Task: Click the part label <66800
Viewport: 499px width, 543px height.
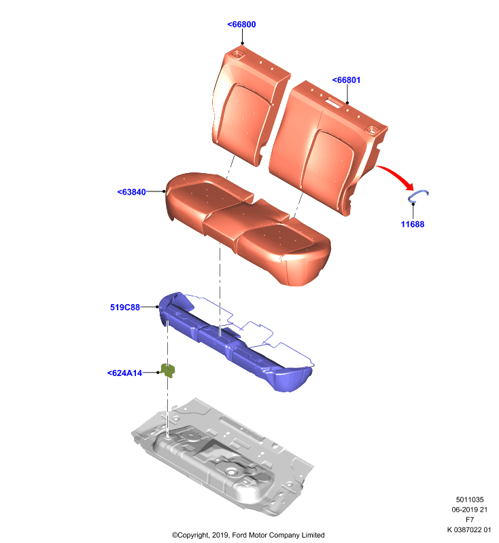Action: click(x=241, y=24)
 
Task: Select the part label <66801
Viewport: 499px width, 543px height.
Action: click(x=346, y=80)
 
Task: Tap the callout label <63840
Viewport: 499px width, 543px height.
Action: click(x=131, y=192)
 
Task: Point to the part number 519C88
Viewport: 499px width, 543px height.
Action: click(x=125, y=307)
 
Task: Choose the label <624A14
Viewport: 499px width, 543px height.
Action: click(x=124, y=373)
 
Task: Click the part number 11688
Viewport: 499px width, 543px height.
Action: click(x=412, y=224)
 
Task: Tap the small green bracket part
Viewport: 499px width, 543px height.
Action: click(x=168, y=371)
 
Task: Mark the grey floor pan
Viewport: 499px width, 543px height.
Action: click(x=222, y=457)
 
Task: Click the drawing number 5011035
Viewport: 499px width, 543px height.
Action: click(x=470, y=500)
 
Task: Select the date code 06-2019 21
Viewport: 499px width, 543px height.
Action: click(x=470, y=510)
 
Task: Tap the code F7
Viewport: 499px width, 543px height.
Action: click(x=470, y=519)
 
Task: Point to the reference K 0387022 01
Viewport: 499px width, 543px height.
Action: click(x=469, y=529)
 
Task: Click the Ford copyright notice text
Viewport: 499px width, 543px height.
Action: click(x=248, y=535)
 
